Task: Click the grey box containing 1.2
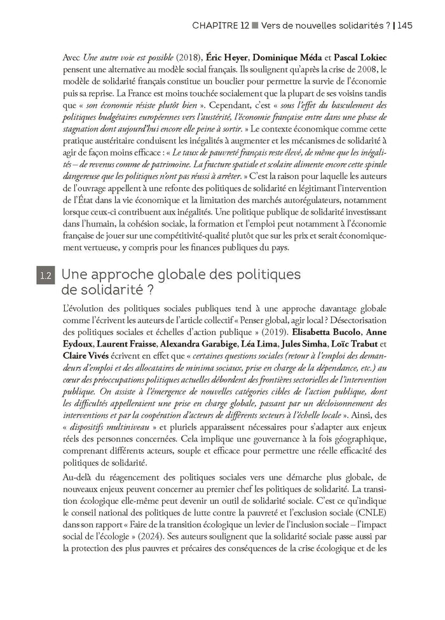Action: coord(45,277)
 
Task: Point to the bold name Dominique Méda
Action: coord(286,58)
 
